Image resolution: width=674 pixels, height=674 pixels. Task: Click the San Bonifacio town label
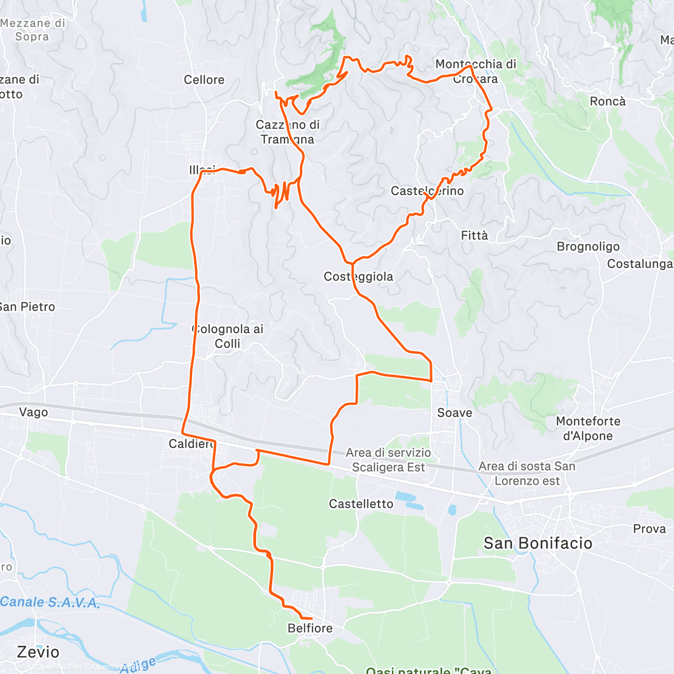(x=538, y=543)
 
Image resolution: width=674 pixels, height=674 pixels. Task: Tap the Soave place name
(x=454, y=413)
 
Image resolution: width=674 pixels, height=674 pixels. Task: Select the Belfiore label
(x=310, y=628)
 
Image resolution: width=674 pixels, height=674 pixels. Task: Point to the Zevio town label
(x=38, y=652)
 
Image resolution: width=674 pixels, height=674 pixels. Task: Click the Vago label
(x=34, y=412)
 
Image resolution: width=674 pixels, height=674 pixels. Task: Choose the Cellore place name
(x=204, y=80)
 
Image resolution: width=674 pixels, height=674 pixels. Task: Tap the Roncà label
(x=607, y=101)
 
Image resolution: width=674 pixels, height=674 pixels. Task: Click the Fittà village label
(x=475, y=235)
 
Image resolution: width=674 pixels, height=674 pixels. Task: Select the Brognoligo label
(x=588, y=247)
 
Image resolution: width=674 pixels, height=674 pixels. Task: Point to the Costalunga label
(x=639, y=264)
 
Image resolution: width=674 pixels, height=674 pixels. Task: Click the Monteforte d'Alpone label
(x=588, y=429)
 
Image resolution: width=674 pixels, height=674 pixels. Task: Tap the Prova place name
(x=649, y=529)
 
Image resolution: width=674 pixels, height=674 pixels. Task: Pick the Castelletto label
(x=361, y=504)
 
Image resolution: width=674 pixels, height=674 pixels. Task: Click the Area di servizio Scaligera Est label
(x=388, y=460)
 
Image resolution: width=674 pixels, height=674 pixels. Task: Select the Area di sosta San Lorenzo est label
(x=527, y=473)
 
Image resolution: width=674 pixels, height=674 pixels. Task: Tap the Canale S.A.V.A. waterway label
(x=50, y=603)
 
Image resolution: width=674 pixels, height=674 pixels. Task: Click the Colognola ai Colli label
(x=228, y=336)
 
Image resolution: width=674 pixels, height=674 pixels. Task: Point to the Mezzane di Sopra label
(x=33, y=30)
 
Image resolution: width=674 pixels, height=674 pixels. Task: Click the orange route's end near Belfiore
(x=312, y=618)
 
